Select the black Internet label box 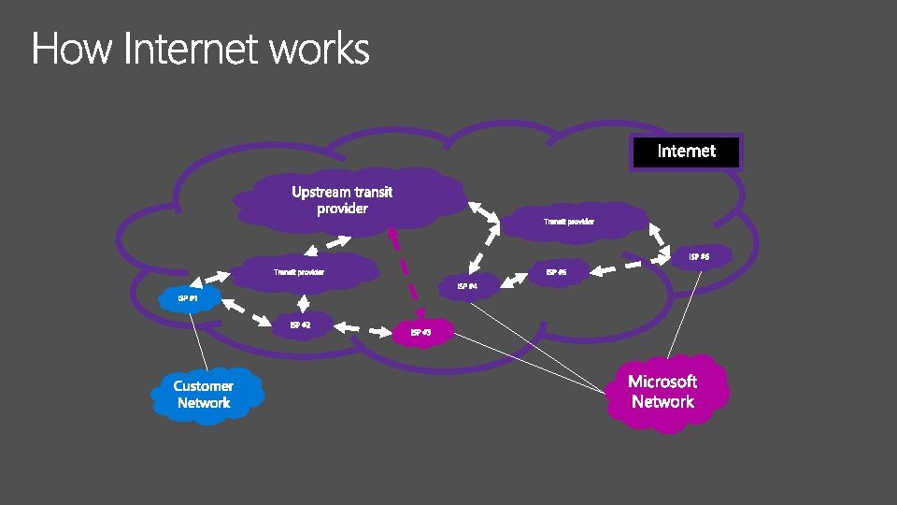click(686, 151)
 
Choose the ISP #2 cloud click(301, 325)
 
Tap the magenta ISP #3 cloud click(420, 332)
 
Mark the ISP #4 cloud click(467, 285)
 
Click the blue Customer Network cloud click(204, 395)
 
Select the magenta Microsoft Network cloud click(662, 392)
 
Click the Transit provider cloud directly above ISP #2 click(299, 272)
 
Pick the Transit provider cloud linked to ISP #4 click(569, 222)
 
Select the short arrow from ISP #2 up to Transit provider click(304, 301)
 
